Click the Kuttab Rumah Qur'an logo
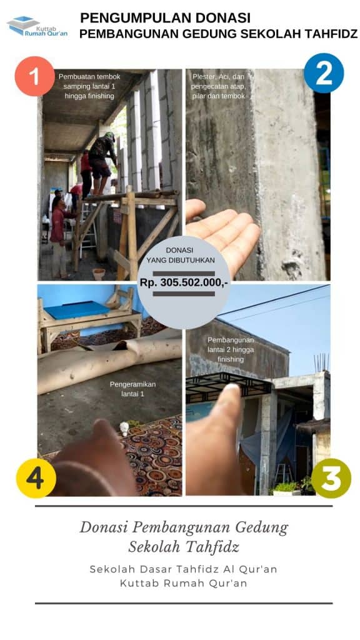pos(37,26)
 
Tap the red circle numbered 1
pos(34,76)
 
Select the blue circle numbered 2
pos(324,74)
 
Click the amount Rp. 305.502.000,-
pos(184,282)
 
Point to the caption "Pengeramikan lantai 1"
pos(132,389)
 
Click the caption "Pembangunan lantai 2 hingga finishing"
pos(231,349)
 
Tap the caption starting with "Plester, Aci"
pos(218,86)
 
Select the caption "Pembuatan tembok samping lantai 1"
pos(89,86)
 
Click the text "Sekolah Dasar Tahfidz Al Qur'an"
pos(183,569)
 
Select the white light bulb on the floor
pos(124,429)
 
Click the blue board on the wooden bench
pos(77,310)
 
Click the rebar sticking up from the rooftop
pos(321,362)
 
